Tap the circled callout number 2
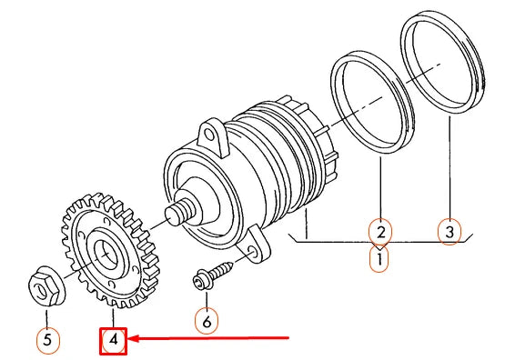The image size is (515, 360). tap(380, 232)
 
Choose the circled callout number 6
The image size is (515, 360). tap(207, 320)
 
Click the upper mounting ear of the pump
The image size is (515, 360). tap(212, 137)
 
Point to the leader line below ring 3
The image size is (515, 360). tap(449, 173)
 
